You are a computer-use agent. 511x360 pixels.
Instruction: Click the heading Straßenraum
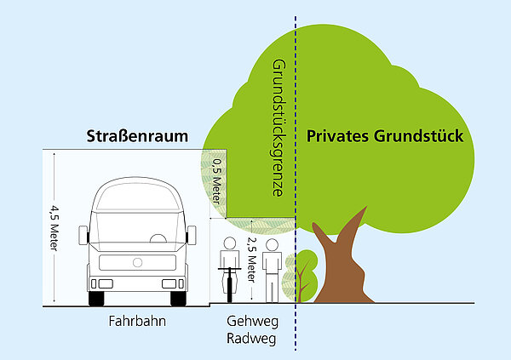(135, 136)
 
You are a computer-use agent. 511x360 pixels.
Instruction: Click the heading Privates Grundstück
(384, 136)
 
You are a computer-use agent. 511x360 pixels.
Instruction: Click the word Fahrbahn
(136, 323)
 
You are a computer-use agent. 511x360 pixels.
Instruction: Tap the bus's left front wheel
(97, 298)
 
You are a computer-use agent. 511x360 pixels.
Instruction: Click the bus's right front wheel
(178, 298)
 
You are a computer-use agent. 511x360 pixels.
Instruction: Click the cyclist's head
(228, 244)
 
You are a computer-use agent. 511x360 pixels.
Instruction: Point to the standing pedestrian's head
(271, 244)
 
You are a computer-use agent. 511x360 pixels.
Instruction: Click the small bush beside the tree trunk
(302, 272)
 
